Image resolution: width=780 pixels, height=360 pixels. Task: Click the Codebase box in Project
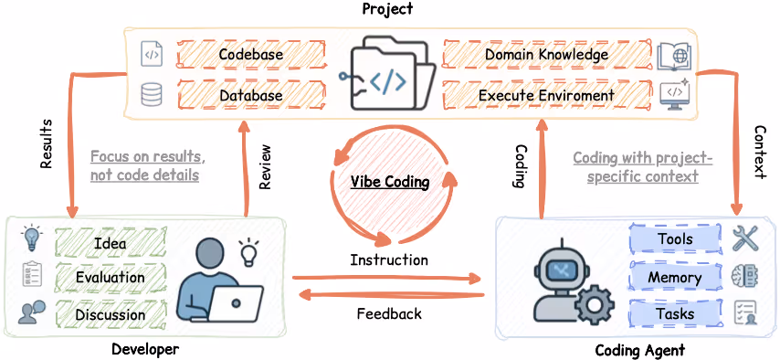point(250,54)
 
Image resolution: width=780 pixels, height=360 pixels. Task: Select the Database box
point(250,95)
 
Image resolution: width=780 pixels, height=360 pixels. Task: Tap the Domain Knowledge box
point(546,54)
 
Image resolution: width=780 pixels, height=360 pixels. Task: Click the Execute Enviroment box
point(546,95)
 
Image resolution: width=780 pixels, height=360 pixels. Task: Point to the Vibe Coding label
point(390,181)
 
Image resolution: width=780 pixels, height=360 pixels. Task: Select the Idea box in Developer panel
point(110,243)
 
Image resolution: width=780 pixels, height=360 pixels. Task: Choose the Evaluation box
point(110,277)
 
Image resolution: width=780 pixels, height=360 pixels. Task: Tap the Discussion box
point(110,314)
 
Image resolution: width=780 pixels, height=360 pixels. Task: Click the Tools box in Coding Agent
point(675,239)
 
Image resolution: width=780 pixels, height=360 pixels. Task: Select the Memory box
point(675,277)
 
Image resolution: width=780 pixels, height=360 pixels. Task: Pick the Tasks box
point(675,313)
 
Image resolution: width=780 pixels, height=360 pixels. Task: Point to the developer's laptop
point(236,301)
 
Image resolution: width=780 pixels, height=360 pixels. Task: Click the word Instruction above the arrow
point(389,260)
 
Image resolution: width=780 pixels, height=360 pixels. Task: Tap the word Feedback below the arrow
point(389,313)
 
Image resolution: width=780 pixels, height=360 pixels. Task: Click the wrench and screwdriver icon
point(746,238)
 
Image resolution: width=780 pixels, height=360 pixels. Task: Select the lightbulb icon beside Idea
point(32,238)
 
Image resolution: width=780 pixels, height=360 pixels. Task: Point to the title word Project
point(387,9)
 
